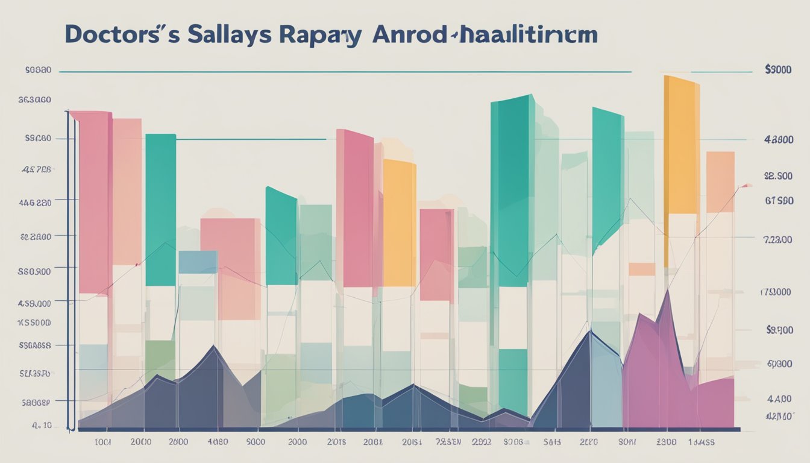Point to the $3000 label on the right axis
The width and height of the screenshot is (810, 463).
click(x=777, y=70)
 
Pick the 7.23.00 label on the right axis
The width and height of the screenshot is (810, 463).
click(x=778, y=239)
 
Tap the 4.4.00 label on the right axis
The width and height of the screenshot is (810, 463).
click(x=779, y=398)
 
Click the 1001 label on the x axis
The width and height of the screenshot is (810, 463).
click(x=104, y=442)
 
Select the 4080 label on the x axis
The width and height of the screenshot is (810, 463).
click(x=217, y=442)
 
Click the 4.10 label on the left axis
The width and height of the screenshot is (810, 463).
click(x=42, y=425)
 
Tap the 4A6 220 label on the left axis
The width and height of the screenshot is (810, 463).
click(x=36, y=203)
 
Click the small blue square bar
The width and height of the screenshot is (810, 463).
click(x=198, y=262)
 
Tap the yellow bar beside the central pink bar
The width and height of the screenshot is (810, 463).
click(x=399, y=223)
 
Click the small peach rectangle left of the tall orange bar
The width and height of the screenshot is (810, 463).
click(x=641, y=269)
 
